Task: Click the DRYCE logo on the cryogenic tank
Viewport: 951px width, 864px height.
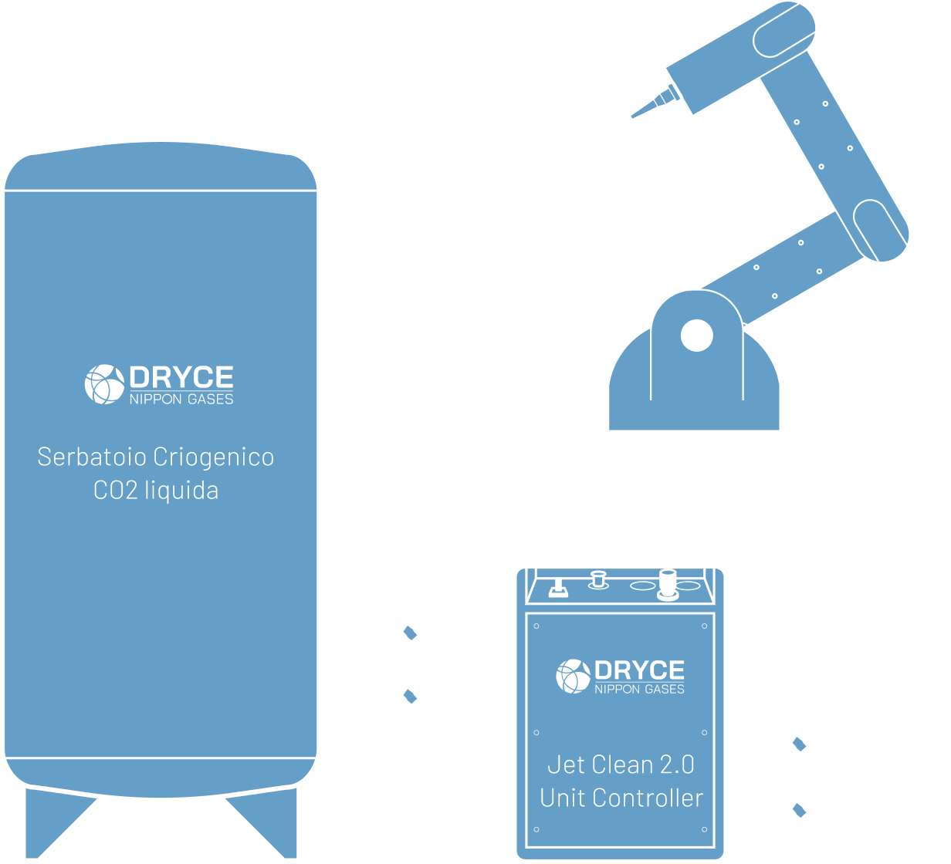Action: point(159,383)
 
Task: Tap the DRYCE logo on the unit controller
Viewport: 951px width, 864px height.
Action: point(620,676)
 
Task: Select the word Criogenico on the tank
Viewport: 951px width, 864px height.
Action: point(214,457)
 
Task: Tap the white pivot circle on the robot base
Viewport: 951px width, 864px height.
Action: point(696,335)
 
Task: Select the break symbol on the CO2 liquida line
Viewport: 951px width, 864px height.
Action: point(410,633)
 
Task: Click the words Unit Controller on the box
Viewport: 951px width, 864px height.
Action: point(621,798)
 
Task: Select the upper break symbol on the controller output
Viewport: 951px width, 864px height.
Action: point(800,744)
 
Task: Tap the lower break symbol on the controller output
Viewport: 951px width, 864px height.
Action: point(800,810)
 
